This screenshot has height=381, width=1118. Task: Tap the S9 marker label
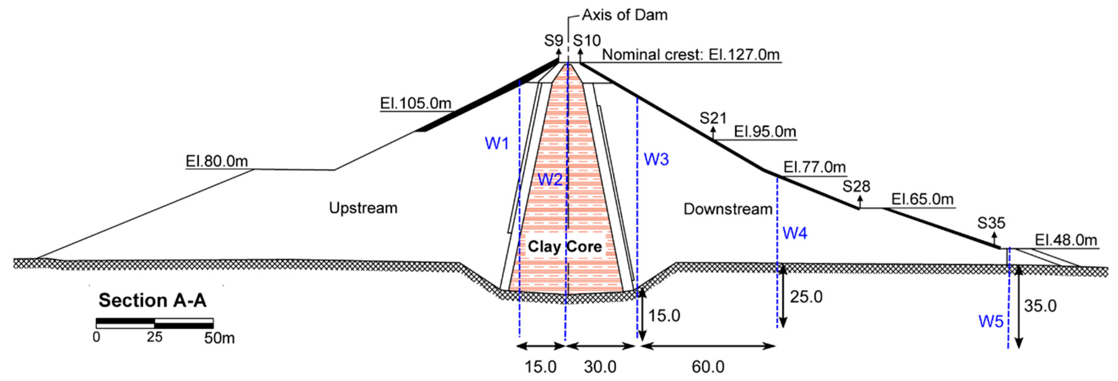click(x=553, y=41)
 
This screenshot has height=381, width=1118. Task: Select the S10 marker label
click(x=587, y=41)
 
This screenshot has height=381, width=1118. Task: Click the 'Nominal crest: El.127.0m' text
click(x=691, y=55)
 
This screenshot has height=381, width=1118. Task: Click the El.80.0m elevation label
click(x=216, y=161)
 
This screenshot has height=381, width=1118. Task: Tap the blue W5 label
click(x=991, y=322)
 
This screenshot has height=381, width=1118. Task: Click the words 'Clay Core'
click(x=565, y=247)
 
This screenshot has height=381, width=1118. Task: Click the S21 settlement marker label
click(x=713, y=118)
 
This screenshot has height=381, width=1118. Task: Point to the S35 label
click(x=991, y=223)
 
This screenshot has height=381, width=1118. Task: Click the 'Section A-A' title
click(x=152, y=300)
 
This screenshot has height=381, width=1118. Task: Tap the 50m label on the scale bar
click(x=219, y=338)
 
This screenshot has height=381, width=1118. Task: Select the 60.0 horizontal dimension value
click(x=708, y=367)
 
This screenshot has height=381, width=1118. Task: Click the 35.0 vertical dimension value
click(x=1040, y=306)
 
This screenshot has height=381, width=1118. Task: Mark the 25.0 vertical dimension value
click(x=806, y=297)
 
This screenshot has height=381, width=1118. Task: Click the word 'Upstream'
click(x=363, y=208)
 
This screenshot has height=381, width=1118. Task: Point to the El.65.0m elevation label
click(x=922, y=199)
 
